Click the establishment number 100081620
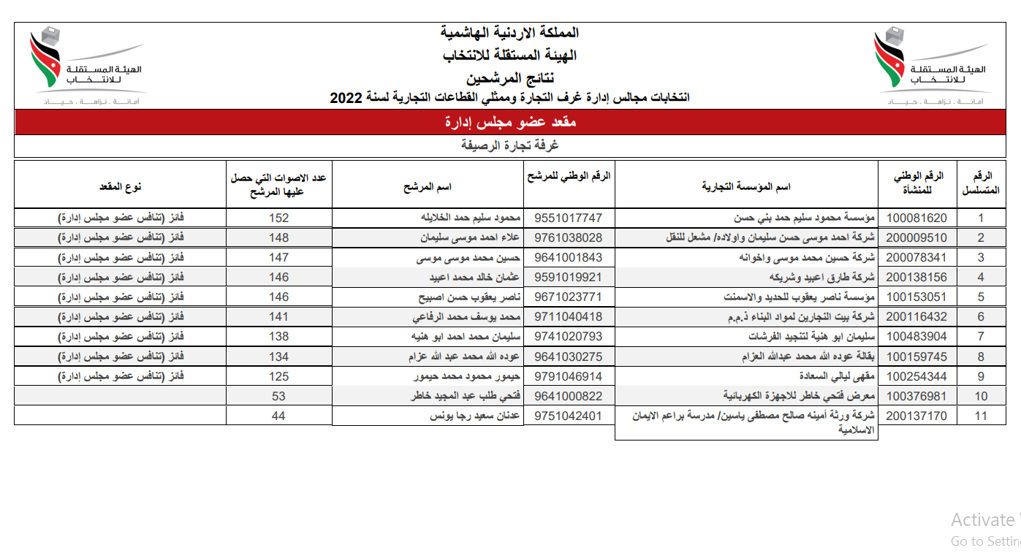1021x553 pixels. (x=916, y=218)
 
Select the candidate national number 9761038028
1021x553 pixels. (x=569, y=237)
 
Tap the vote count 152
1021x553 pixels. (x=278, y=218)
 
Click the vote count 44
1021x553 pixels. (x=278, y=416)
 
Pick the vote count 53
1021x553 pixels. (x=278, y=396)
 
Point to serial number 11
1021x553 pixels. (x=981, y=416)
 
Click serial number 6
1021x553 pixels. (x=981, y=317)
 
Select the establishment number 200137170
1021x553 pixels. (x=916, y=416)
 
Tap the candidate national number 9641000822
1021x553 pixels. (x=569, y=396)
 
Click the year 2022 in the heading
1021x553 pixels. (x=346, y=97)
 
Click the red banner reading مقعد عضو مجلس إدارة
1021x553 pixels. (x=510, y=122)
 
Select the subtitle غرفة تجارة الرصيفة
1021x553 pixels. (x=510, y=145)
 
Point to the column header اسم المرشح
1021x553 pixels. (x=428, y=186)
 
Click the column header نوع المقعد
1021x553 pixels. (x=121, y=186)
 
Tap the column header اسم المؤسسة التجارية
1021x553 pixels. (x=746, y=186)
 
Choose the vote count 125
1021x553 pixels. (x=278, y=376)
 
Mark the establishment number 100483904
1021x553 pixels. (x=916, y=337)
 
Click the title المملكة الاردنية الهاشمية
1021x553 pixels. (x=510, y=33)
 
